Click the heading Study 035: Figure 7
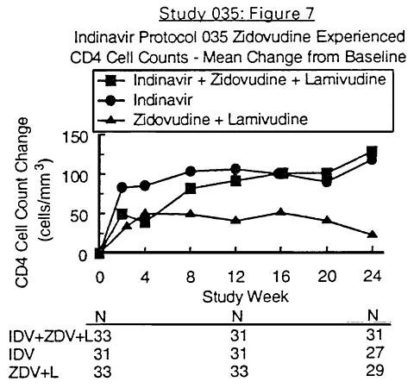[237, 14]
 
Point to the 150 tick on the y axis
[75, 138]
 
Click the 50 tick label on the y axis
[78, 216]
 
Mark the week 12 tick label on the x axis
[235, 277]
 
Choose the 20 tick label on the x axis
[327, 277]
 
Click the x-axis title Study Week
[245, 297]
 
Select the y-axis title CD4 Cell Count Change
[22, 203]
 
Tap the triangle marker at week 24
[373, 234]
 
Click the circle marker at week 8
[191, 172]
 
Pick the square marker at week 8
[191, 189]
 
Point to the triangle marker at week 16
[281, 212]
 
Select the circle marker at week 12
[235, 168]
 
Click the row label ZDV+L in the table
[34, 372]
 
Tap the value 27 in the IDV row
[375, 353]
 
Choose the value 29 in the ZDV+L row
[375, 370]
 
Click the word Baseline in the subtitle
[375, 57]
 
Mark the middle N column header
[237, 316]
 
